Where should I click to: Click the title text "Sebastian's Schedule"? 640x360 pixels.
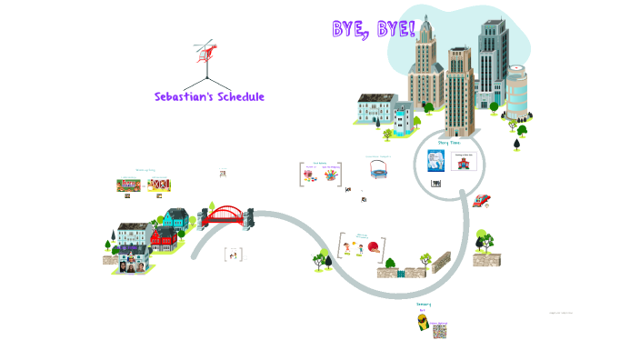coord(209,96)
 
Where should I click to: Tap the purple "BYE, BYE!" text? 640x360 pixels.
coord(374,29)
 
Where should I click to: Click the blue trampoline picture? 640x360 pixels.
coord(378,169)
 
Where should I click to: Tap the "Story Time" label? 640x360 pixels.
coord(449,143)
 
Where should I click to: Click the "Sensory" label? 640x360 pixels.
coord(424,305)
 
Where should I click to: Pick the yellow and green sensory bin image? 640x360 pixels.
coord(423,323)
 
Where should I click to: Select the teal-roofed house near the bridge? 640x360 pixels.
coord(175,218)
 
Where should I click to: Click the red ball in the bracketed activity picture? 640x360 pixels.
coord(372,247)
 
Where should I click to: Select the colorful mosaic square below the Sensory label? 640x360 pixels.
coord(440,330)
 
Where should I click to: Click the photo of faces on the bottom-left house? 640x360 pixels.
coord(129,267)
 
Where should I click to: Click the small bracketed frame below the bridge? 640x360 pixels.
coord(233,255)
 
